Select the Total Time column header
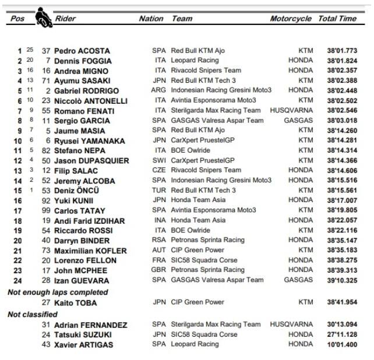click(x=337, y=19)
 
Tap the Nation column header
click(x=151, y=19)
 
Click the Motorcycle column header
click(x=290, y=19)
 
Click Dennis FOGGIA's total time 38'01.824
click(x=342, y=61)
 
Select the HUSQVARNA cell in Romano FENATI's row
click(x=291, y=110)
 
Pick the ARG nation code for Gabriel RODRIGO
click(x=158, y=90)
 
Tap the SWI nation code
click(x=158, y=160)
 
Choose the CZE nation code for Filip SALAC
click(x=158, y=170)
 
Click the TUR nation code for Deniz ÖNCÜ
click(x=158, y=190)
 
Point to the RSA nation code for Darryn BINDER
click(x=158, y=240)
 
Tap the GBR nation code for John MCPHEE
click(x=158, y=270)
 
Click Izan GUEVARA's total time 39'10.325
click(x=342, y=280)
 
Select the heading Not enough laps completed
click(x=58, y=292)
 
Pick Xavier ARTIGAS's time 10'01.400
click(x=342, y=345)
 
